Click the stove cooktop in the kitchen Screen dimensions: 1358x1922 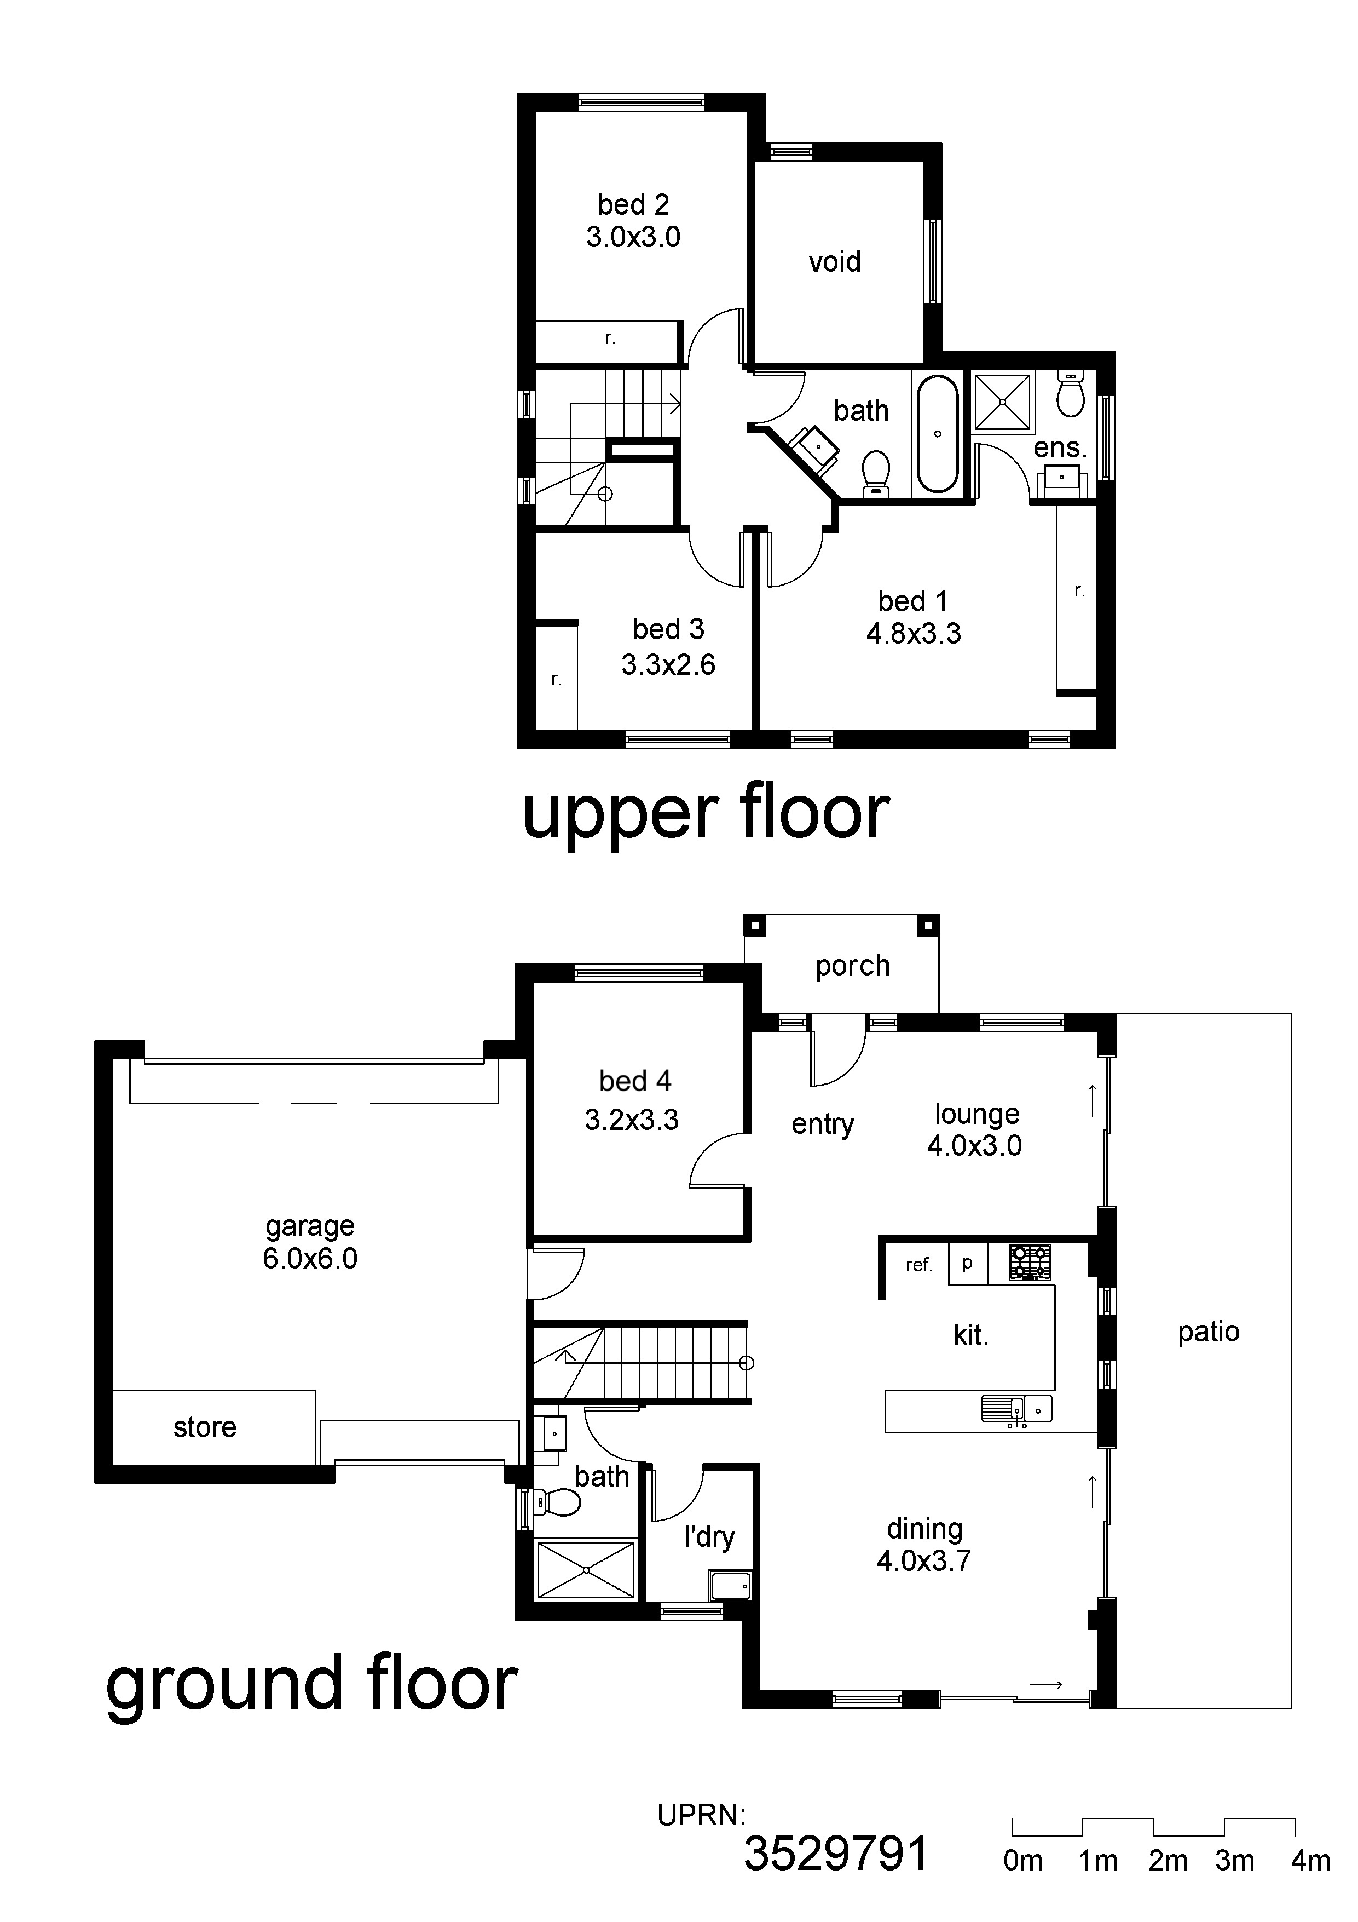pos(1030,1263)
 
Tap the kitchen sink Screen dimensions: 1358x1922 pos(1016,1410)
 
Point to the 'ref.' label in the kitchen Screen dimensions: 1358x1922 pos(918,1265)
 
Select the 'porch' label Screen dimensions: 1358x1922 pos(853,967)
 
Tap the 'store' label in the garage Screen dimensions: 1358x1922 pos(205,1427)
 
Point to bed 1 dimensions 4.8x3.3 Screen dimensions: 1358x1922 pos(914,634)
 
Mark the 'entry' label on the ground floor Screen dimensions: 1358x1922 pos(823,1124)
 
